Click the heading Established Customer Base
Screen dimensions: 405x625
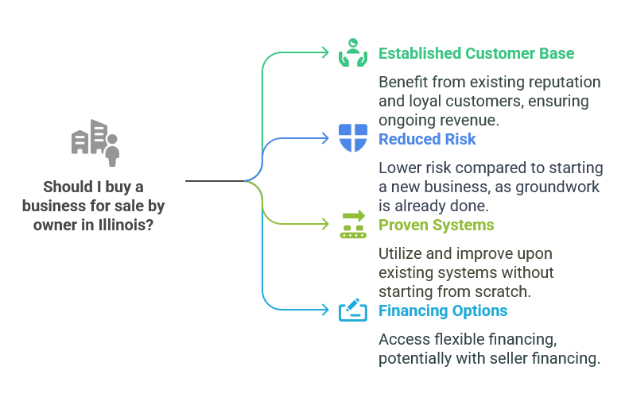coord(476,53)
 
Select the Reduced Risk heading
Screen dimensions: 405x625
coord(427,139)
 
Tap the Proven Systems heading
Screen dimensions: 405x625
coord(436,225)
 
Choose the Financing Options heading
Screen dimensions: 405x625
coord(443,310)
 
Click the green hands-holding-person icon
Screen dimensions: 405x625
coord(352,52)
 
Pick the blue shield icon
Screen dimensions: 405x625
coord(352,138)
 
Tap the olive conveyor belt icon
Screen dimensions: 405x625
coord(352,224)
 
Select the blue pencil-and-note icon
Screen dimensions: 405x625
coord(352,310)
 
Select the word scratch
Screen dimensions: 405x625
coord(507,291)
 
